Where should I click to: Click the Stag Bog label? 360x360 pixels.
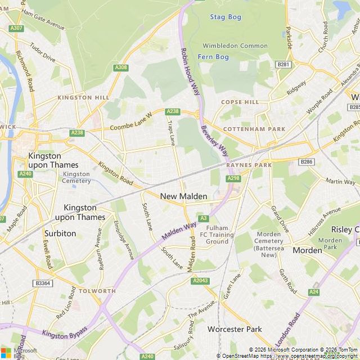pos(226,17)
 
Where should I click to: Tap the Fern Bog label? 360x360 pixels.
pos(213,57)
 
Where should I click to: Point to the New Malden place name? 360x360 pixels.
pos(184,196)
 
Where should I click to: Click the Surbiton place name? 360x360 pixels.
pos(61,233)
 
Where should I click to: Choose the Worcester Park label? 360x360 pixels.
pos(235,328)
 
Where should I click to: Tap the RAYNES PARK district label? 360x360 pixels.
pos(249,165)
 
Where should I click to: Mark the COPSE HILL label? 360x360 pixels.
pos(240,102)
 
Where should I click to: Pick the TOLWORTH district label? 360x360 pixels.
pos(97,291)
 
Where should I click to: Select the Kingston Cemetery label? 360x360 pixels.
pos(76,177)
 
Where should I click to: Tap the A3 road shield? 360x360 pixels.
pos(203,218)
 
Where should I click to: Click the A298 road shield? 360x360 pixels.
pos(233,178)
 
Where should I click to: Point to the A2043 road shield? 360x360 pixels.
pos(200,281)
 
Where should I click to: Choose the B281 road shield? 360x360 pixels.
pos(284,65)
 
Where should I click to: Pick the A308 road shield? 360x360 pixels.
pos(121,67)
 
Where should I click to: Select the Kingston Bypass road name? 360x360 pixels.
pos(65,332)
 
